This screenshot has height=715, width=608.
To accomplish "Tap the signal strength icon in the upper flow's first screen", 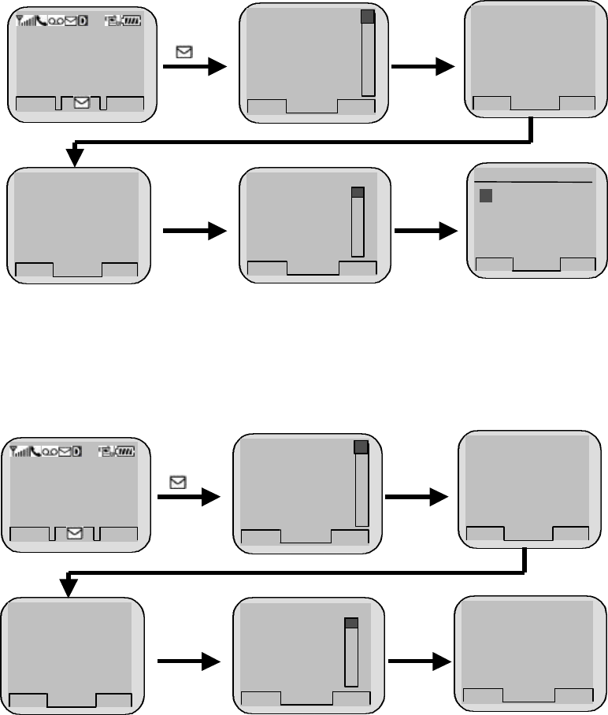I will (x=24, y=21).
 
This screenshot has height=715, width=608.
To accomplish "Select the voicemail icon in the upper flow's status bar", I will (x=55, y=21).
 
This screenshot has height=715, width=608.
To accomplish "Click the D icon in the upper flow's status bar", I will (x=83, y=21).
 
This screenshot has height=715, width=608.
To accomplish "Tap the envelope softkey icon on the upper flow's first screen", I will (x=81, y=102).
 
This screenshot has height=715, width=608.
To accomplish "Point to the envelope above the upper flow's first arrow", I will (x=184, y=53).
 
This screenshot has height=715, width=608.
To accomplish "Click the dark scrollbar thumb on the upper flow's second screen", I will (x=367, y=17).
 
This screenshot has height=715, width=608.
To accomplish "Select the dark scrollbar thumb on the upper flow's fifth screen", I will (x=358, y=192).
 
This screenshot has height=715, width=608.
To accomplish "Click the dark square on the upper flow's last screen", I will (x=486, y=196).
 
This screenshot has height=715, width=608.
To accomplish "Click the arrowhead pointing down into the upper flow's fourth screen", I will (x=75, y=157).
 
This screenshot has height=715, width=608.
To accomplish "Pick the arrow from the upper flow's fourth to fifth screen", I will (x=194, y=232).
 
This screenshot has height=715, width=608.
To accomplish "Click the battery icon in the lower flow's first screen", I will (x=126, y=452).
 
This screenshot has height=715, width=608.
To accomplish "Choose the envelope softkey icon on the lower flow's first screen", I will (x=75, y=533).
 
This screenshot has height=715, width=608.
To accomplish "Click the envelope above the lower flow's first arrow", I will (x=178, y=482).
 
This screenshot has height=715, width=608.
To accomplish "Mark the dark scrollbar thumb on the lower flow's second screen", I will (x=361, y=447).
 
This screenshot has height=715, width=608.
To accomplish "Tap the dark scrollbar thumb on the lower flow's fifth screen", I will (x=351, y=623).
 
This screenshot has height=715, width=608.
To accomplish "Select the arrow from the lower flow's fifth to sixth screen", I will (x=415, y=663).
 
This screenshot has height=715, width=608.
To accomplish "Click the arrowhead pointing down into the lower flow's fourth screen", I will (x=69, y=587).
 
